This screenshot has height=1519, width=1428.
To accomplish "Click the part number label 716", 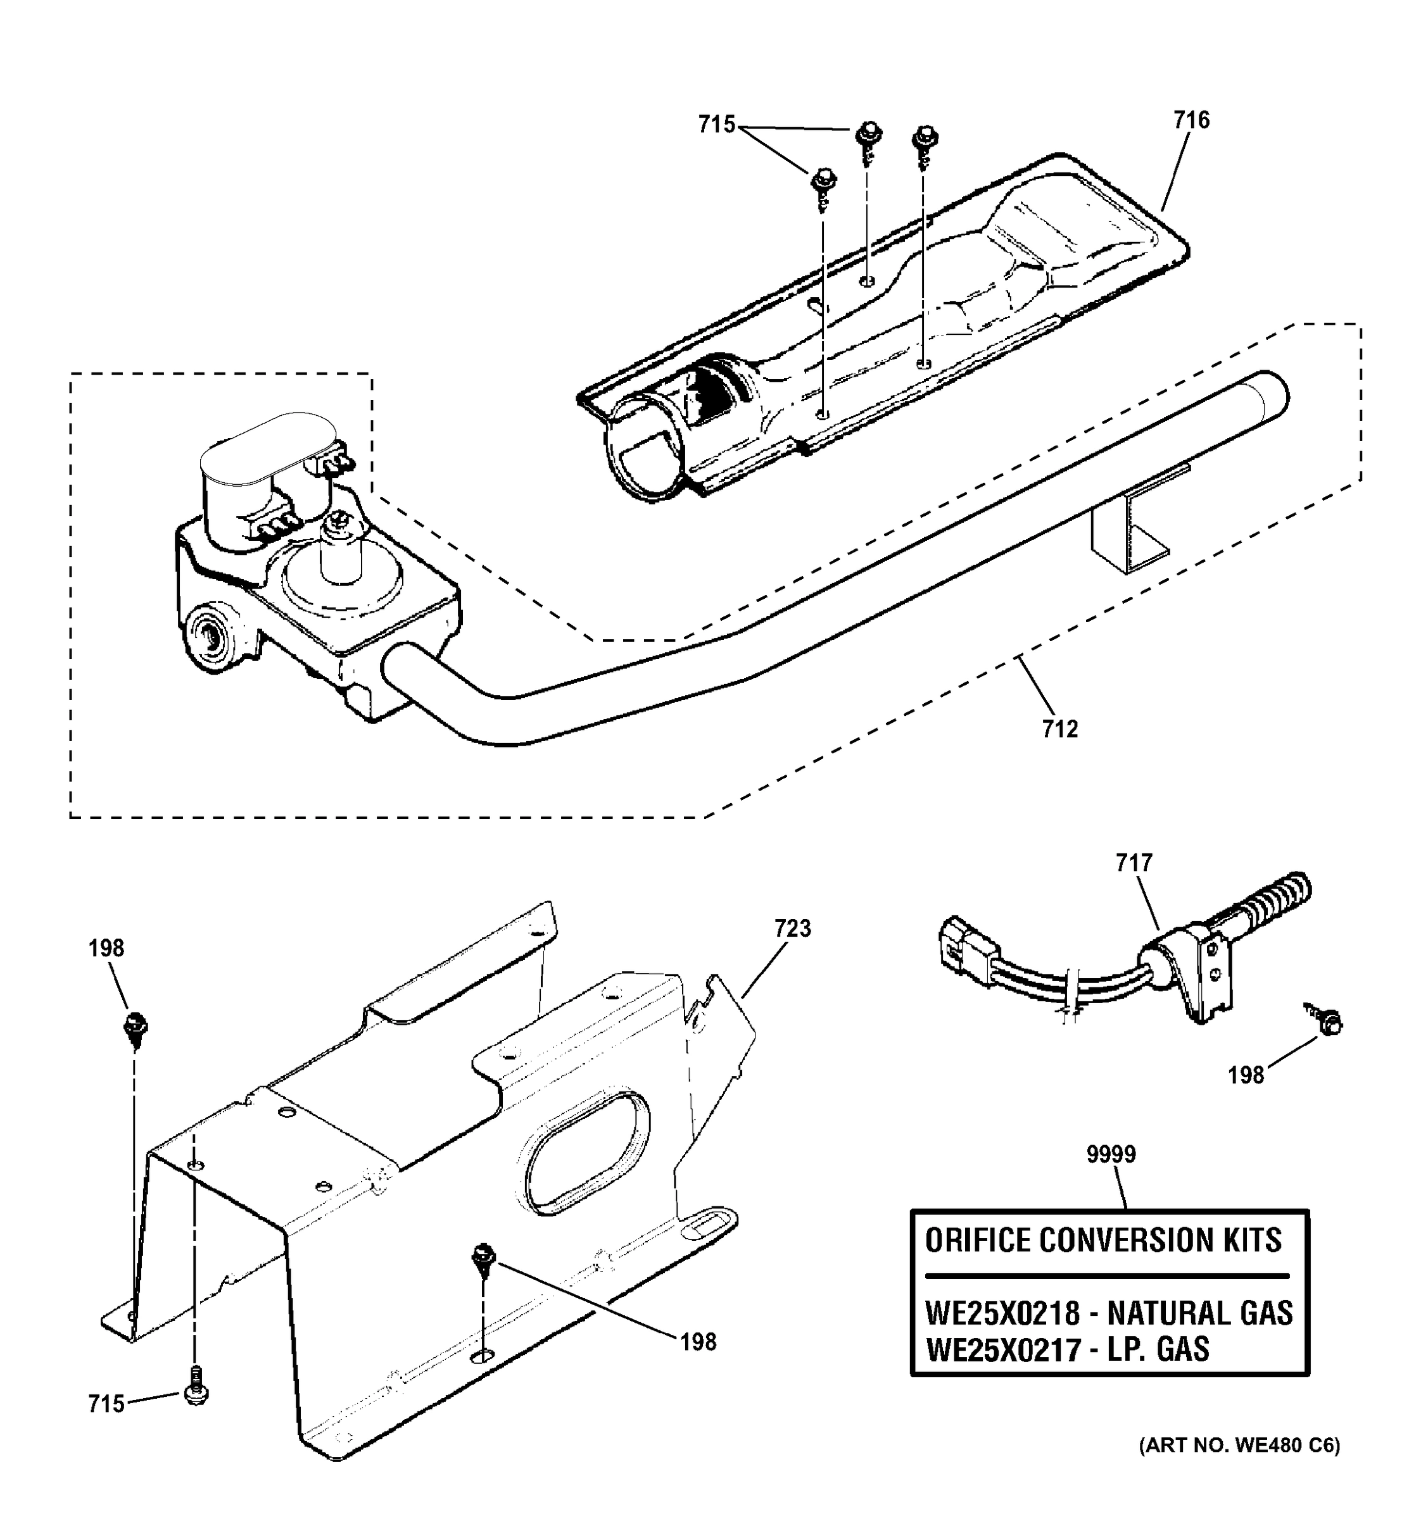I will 1192,121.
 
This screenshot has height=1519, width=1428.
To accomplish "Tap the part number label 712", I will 1059,729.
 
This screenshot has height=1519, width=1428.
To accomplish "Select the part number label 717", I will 1134,863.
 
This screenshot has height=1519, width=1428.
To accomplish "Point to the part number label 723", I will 792,928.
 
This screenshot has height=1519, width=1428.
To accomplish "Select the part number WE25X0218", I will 1002,1313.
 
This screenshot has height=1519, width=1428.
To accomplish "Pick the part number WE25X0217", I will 1002,1349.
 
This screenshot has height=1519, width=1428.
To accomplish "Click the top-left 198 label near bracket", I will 106,948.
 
